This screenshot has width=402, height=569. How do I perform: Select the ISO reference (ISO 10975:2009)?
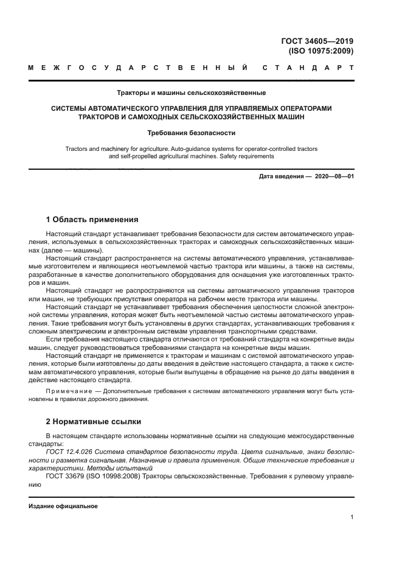click(x=322, y=51)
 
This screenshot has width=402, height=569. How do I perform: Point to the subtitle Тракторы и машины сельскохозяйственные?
click(x=191, y=93)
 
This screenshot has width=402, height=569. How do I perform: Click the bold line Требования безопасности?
click(x=191, y=132)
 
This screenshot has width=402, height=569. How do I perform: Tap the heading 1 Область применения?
click(x=92, y=219)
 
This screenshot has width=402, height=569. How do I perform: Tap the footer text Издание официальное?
click(x=63, y=506)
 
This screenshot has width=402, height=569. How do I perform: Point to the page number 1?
click(x=352, y=517)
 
